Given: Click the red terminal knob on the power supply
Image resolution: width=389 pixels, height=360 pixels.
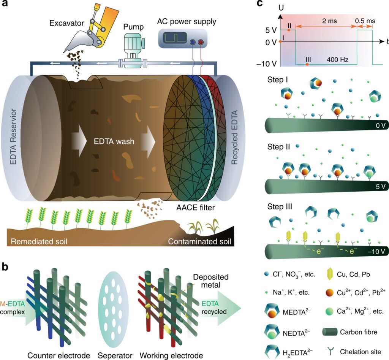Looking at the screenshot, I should pyautogui.click(x=200, y=42).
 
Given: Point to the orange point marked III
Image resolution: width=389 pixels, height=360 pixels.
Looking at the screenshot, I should pyautogui.click(x=307, y=64).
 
